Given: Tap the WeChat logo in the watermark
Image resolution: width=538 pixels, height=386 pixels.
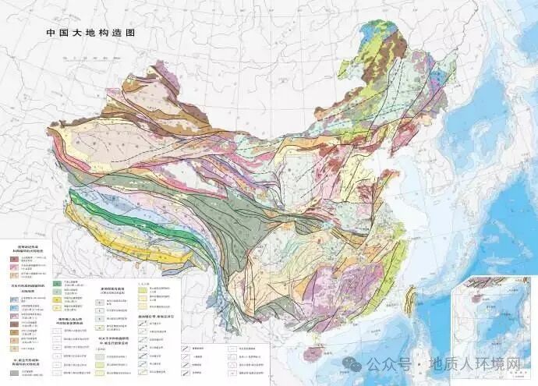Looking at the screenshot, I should point(356,364).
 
